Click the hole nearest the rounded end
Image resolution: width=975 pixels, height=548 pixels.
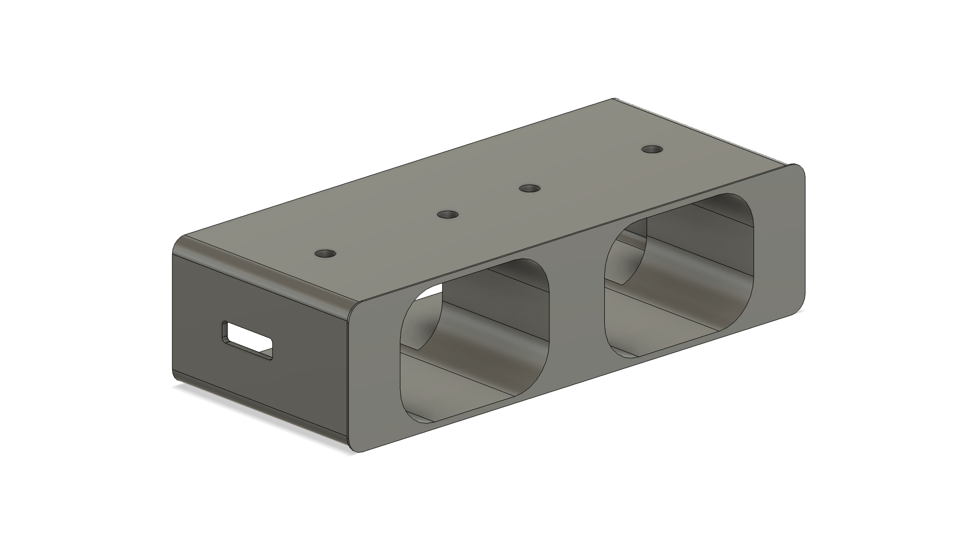(326, 253)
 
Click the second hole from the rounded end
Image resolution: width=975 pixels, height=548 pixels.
(448, 215)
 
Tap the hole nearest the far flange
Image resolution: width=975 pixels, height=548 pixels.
(652, 150)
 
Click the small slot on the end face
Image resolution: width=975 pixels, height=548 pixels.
(247, 341)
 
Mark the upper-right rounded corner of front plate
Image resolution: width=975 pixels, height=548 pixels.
(797, 170)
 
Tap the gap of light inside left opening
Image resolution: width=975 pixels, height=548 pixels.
(432, 291)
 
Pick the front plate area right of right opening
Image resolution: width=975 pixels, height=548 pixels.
(779, 244)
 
